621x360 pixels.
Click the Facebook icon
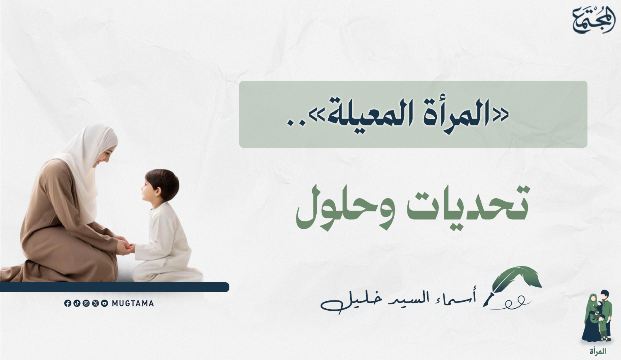(67, 303)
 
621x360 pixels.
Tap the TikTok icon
(77, 303)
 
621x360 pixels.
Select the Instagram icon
(86, 303)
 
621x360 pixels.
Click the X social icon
(95, 303)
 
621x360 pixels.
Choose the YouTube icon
(104, 303)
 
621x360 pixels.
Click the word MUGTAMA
(133, 303)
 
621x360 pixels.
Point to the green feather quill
(513, 286)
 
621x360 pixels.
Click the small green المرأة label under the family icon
(598, 351)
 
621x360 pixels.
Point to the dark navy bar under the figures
(115, 287)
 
